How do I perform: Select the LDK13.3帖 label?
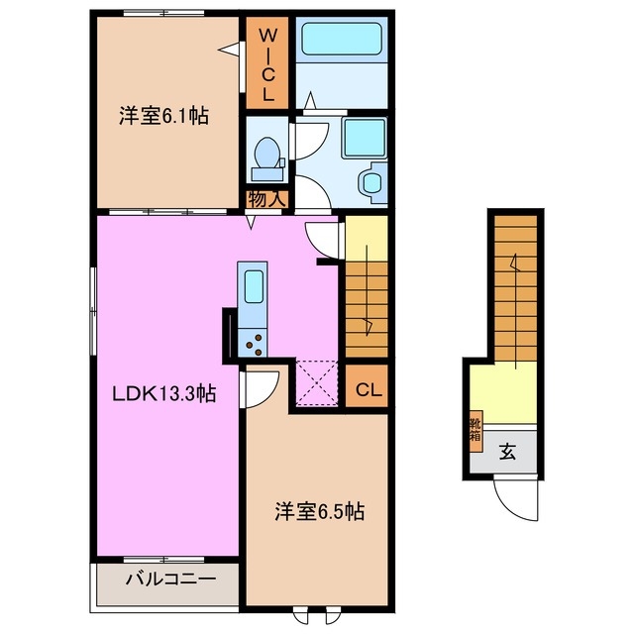(163, 393)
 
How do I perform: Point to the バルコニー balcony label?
(169, 581)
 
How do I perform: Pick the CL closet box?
(366, 387)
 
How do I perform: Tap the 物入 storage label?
(266, 199)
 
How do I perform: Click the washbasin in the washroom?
(370, 182)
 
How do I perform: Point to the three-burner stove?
(252, 342)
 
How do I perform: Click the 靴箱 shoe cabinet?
(475, 428)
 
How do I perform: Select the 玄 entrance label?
(507, 453)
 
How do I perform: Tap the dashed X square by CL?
(318, 383)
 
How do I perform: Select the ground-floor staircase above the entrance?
(514, 286)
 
